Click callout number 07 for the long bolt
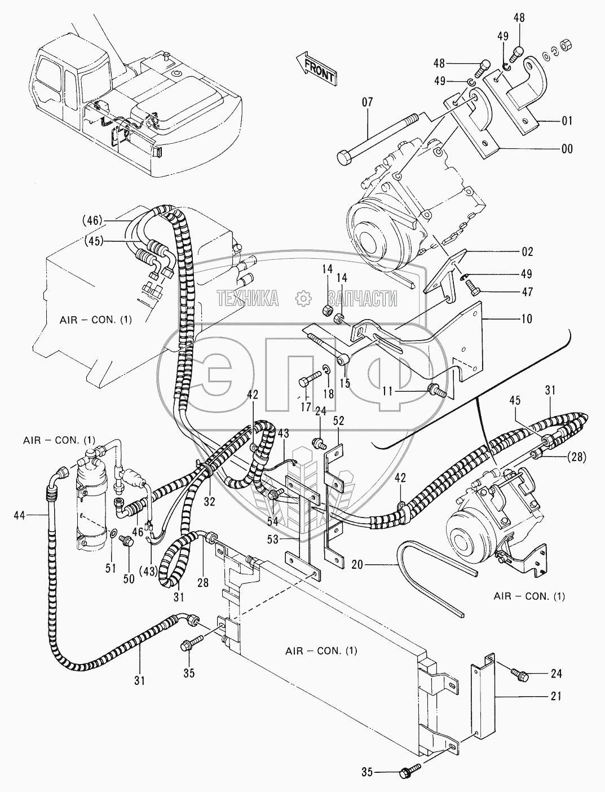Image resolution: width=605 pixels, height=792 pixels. pyautogui.click(x=368, y=103)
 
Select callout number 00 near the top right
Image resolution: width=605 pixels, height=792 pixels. pyautogui.click(x=567, y=149)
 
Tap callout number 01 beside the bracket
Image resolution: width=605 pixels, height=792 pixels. pyautogui.click(x=567, y=121)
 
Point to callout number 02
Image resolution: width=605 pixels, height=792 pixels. pyautogui.click(x=527, y=252)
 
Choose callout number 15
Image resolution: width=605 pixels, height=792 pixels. pyautogui.click(x=345, y=383)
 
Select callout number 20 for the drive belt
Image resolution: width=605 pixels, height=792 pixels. pyautogui.click(x=385, y=564)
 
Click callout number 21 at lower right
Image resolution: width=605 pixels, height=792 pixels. pyautogui.click(x=556, y=696)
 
